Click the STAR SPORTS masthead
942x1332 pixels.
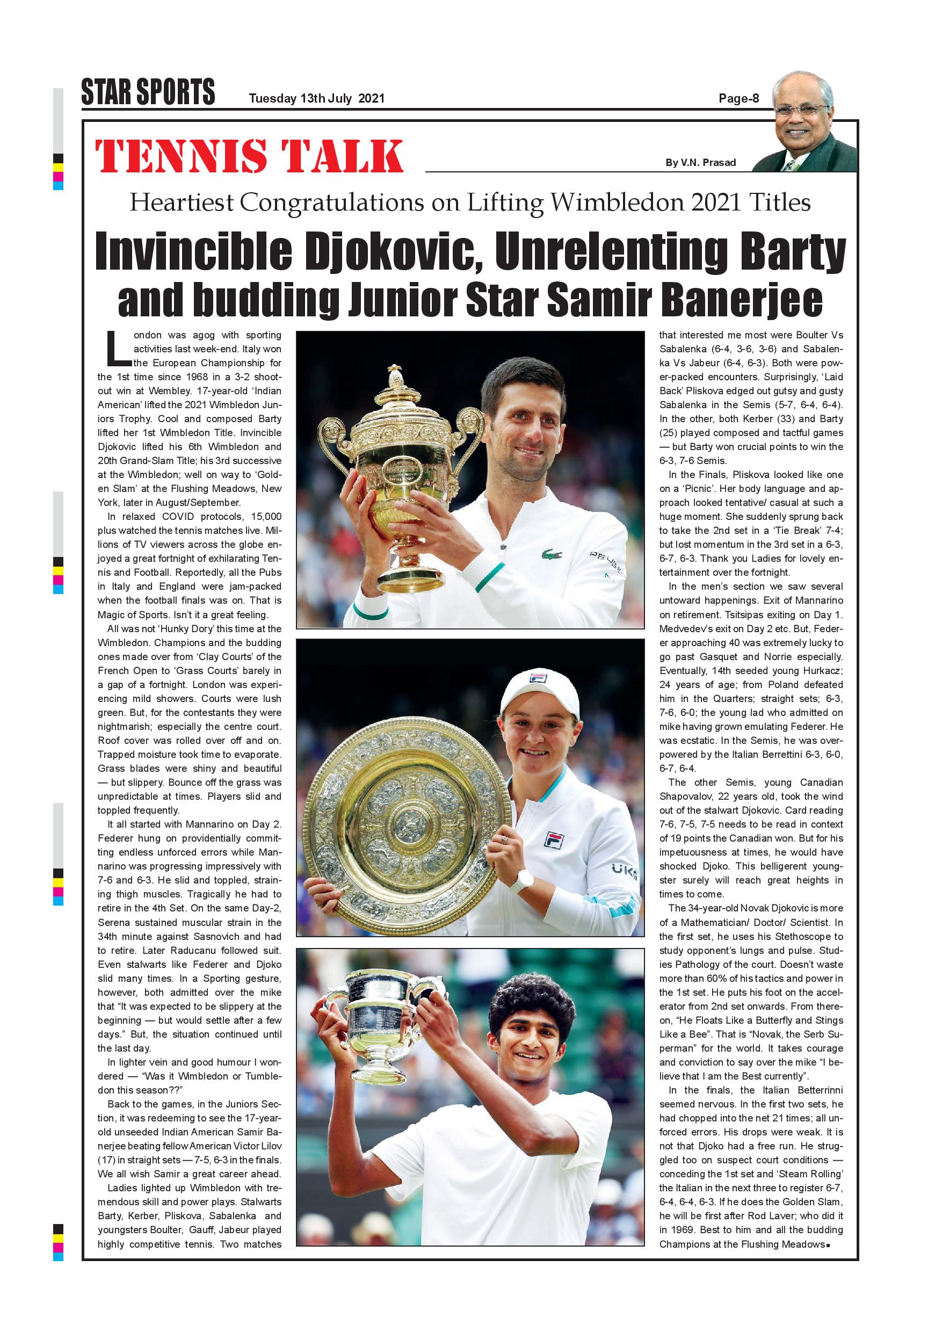click(148, 92)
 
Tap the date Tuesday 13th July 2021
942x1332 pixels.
click(316, 99)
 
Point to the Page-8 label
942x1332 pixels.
click(738, 99)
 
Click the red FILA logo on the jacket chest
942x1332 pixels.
click(555, 839)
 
